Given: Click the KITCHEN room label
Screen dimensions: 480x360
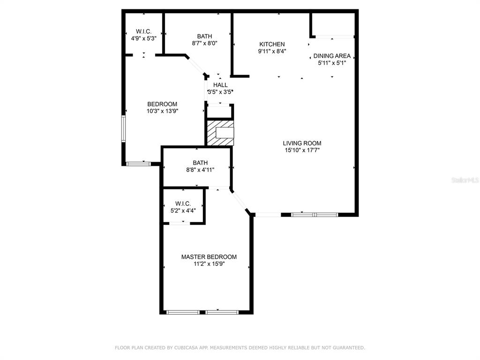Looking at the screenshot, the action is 272,45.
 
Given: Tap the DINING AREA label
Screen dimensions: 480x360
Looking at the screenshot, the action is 332,56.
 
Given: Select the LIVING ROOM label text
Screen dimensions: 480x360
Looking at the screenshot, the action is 302,143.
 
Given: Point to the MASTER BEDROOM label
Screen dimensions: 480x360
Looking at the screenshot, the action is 209,257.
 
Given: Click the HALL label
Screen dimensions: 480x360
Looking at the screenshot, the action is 220,85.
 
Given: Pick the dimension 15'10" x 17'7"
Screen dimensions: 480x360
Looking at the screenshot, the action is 302,150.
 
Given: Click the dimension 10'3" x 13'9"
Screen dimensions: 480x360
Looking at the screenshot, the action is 162,111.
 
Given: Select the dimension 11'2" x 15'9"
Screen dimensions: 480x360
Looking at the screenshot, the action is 209,264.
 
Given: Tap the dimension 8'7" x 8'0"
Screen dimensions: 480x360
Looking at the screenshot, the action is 204,44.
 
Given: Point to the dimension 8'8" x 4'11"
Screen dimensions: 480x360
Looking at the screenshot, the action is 200,170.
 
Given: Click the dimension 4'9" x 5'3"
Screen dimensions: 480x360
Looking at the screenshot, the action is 143,38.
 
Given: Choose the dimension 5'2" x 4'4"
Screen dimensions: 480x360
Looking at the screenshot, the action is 183,210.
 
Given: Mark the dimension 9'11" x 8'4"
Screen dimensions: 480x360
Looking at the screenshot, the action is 272,52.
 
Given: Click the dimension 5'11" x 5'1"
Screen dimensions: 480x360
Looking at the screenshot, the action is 332,63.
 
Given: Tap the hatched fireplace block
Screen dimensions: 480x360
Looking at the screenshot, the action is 220,133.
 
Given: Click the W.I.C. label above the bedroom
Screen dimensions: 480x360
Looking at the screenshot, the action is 143,31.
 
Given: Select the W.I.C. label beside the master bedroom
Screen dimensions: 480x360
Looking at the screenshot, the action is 183,203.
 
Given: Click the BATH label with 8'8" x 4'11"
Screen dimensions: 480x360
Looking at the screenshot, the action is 200,163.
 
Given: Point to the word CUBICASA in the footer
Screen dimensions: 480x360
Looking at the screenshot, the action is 187,348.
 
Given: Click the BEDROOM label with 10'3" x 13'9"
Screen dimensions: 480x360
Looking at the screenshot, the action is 162,104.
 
